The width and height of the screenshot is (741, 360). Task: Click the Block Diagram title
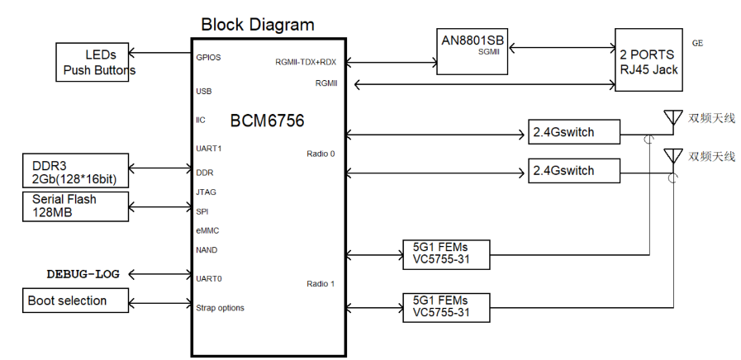click(257, 25)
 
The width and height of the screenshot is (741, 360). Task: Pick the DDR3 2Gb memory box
click(75, 171)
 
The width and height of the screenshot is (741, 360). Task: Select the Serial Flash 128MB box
click(75, 206)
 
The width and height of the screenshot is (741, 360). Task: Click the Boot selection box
click(75, 301)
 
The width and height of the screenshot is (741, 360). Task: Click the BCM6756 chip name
click(267, 121)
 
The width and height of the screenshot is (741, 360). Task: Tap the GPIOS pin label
click(208, 59)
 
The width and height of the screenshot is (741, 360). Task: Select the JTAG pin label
click(206, 192)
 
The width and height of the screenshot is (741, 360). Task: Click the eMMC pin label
click(207, 230)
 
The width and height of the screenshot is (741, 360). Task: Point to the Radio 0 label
click(321, 154)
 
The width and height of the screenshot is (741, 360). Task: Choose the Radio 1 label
click(321, 285)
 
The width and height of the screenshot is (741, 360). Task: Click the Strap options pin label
click(220, 308)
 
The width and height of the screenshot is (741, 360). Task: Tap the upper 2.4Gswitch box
click(573, 132)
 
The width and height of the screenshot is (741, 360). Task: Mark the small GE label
click(698, 42)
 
